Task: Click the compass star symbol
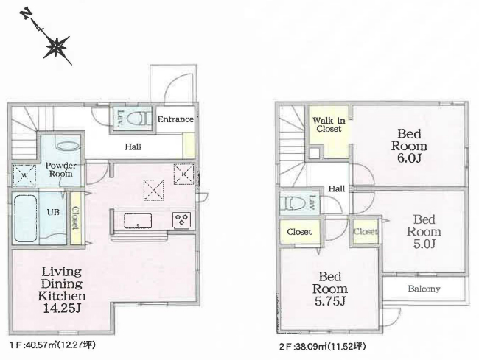coord(56,47)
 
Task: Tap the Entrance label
coord(175,119)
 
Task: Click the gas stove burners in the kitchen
coord(182,219)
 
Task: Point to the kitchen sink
coord(138,221)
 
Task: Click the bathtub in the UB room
coord(26,218)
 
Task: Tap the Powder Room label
coord(60,169)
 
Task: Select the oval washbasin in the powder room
coord(67,146)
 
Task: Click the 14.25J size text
coord(62,308)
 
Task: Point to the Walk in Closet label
coord(329,124)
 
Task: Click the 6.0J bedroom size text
coord(409,158)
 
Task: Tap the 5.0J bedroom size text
coord(424,244)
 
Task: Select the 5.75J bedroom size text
coord(330,301)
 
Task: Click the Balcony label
coord(424,289)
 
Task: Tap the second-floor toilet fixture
coord(292,203)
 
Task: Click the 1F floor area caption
coord(52,345)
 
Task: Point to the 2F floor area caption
coord(322,347)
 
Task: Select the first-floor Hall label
coord(133,147)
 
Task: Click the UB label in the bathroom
coord(53,212)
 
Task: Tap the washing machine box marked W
coord(24,175)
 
